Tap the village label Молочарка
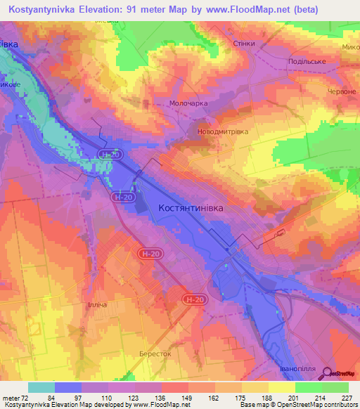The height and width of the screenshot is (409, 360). (189, 103)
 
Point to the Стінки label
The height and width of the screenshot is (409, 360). (243, 44)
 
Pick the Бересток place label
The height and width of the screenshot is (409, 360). (155, 354)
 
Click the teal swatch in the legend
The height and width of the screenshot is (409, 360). (41, 387)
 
